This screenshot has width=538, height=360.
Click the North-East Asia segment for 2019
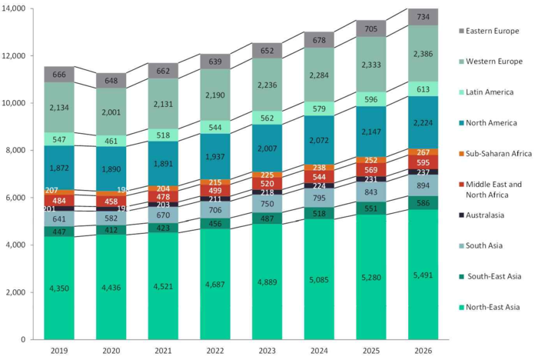[59, 288]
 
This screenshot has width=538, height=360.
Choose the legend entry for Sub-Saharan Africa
[498, 154]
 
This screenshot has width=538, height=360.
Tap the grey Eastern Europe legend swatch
[462, 31]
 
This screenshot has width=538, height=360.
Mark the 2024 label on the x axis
[319, 350]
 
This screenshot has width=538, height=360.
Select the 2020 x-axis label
[111, 350]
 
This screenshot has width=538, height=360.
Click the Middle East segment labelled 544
[319, 177]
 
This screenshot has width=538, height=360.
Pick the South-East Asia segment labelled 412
[111, 229]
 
